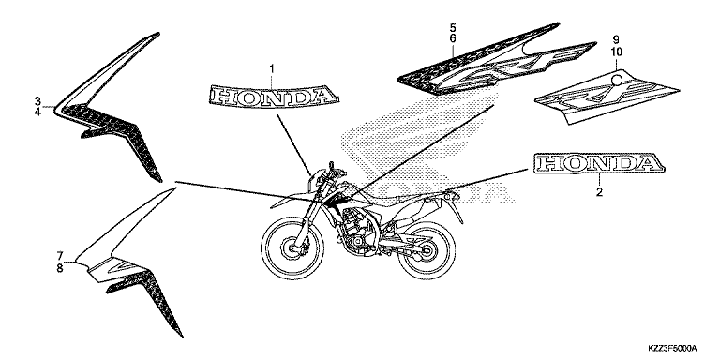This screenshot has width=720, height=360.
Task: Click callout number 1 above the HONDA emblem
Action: [x=271, y=68]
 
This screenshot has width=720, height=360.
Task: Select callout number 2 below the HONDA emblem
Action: [x=599, y=192]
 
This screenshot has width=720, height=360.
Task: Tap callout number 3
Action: [x=37, y=101]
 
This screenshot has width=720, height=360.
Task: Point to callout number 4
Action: [x=37, y=112]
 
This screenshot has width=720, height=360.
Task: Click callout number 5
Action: [x=452, y=28]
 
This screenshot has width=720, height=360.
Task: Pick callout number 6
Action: [x=452, y=38]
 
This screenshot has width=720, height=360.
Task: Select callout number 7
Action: [x=60, y=255]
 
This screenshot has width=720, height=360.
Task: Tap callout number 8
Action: [x=60, y=268]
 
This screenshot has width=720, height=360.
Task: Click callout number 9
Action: [x=616, y=39]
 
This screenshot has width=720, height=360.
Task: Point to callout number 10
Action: [x=616, y=52]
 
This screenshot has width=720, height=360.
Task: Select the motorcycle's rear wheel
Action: [x=427, y=251]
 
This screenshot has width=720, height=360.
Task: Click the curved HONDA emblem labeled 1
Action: [x=274, y=96]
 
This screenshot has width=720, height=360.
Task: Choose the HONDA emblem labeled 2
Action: [x=599, y=163]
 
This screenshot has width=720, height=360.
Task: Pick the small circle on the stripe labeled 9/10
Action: [x=618, y=81]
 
